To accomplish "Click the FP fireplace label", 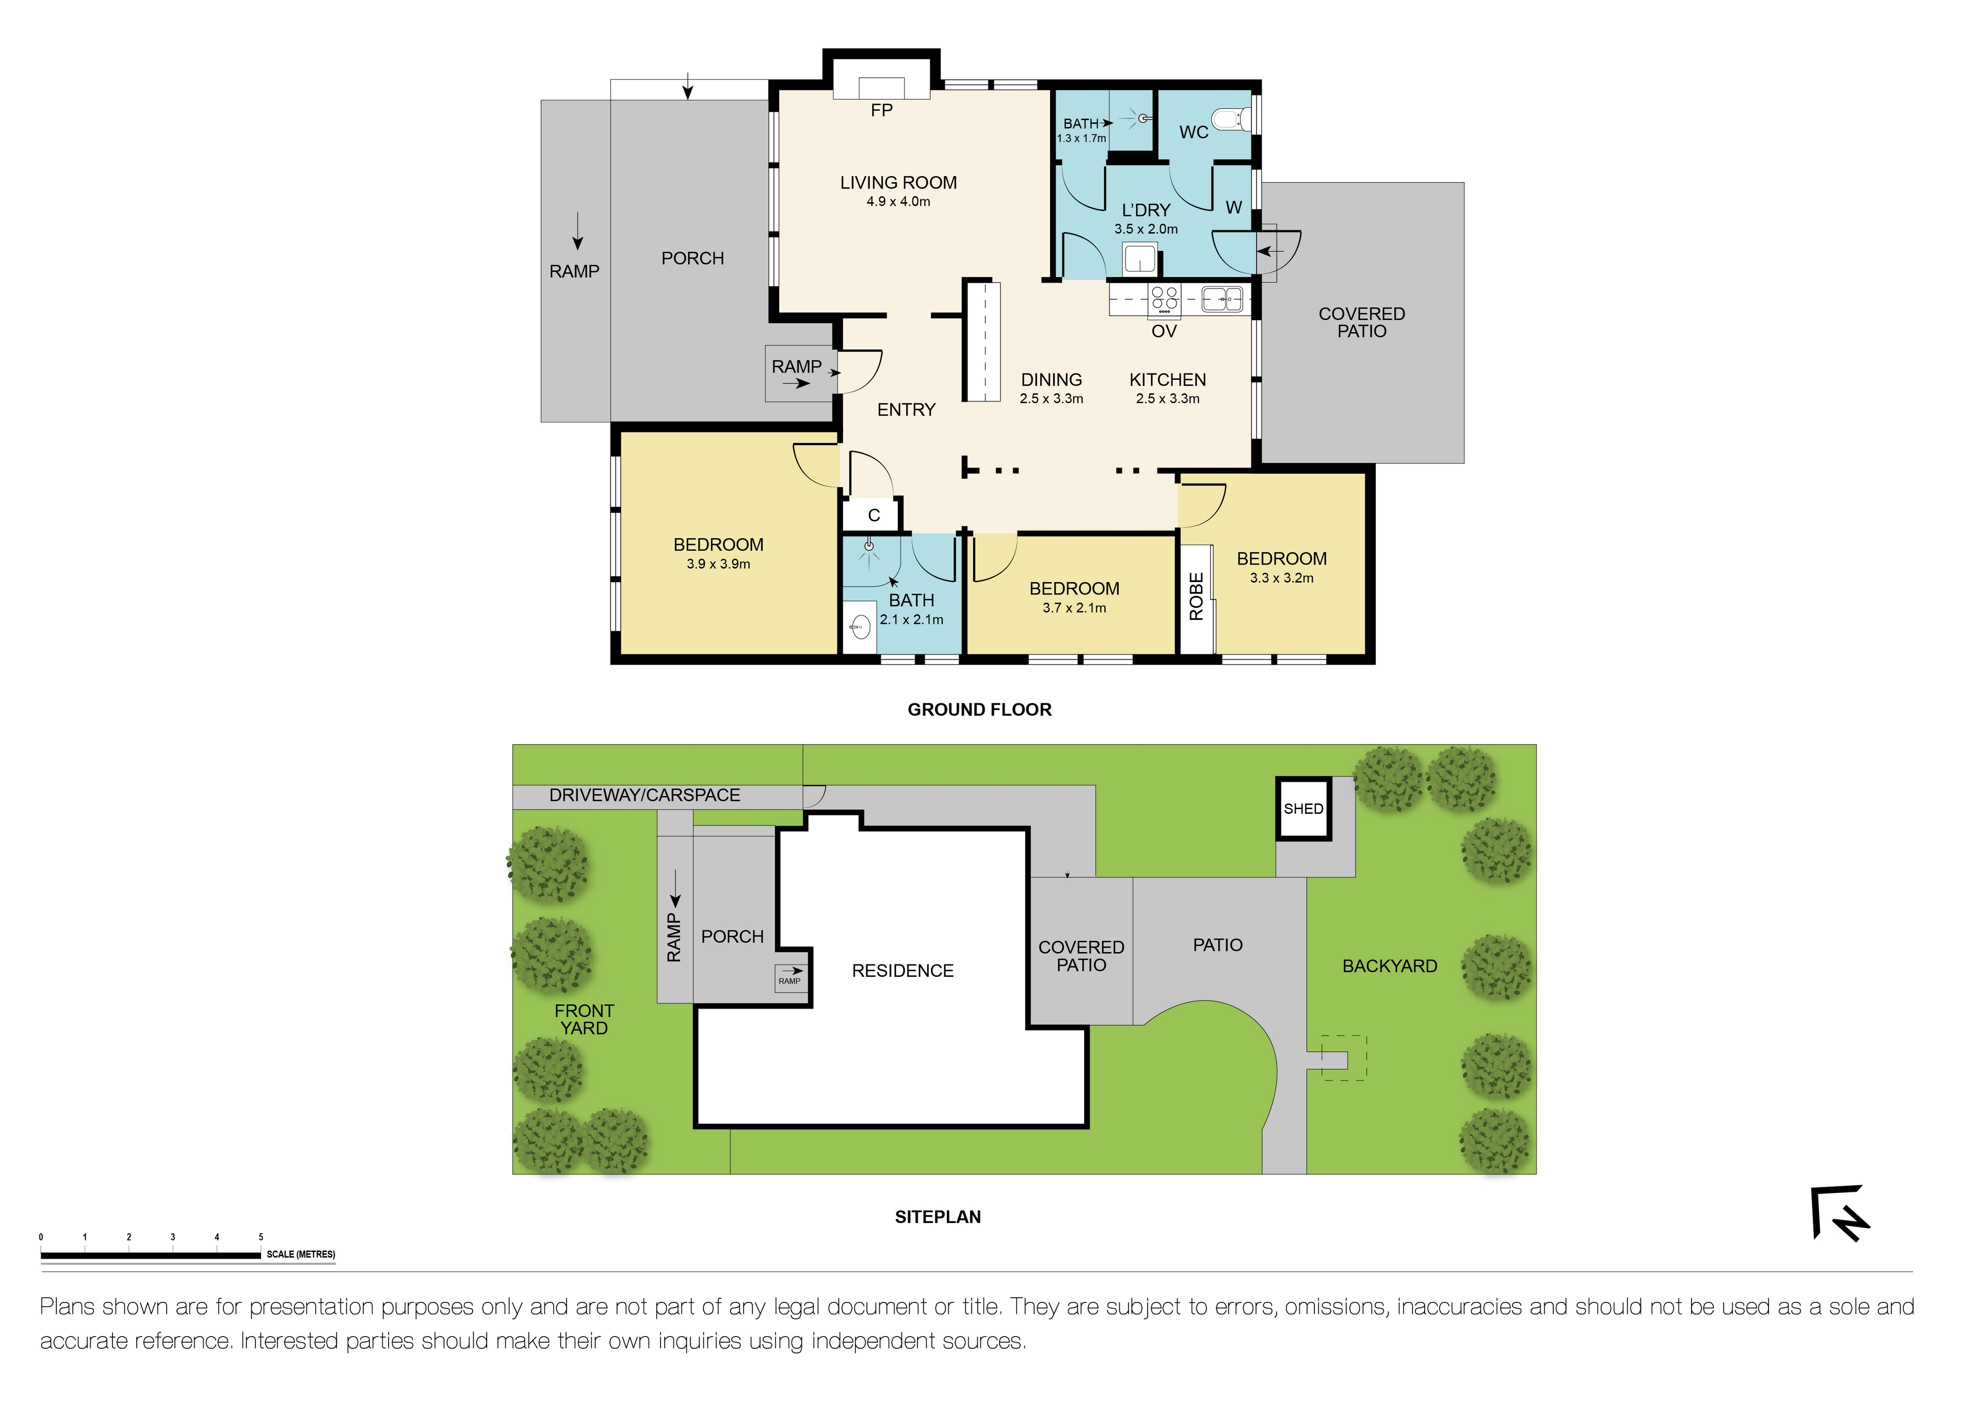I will coord(881,110).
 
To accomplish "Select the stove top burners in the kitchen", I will coord(1164,298).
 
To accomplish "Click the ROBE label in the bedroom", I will coord(1196,596).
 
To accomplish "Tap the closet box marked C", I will coord(873,515).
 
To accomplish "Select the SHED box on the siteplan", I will coord(1303,808).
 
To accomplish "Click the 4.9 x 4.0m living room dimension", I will coord(898,202).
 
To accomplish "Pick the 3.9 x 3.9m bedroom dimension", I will coord(718,564).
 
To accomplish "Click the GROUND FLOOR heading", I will coord(979,710).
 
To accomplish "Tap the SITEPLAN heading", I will coord(937,1217).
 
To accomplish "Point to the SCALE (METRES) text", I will coord(300,1254).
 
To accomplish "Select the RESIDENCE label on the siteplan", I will coord(903,971).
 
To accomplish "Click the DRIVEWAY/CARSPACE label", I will coord(645,795).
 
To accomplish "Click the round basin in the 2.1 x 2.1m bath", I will coord(859,627).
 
